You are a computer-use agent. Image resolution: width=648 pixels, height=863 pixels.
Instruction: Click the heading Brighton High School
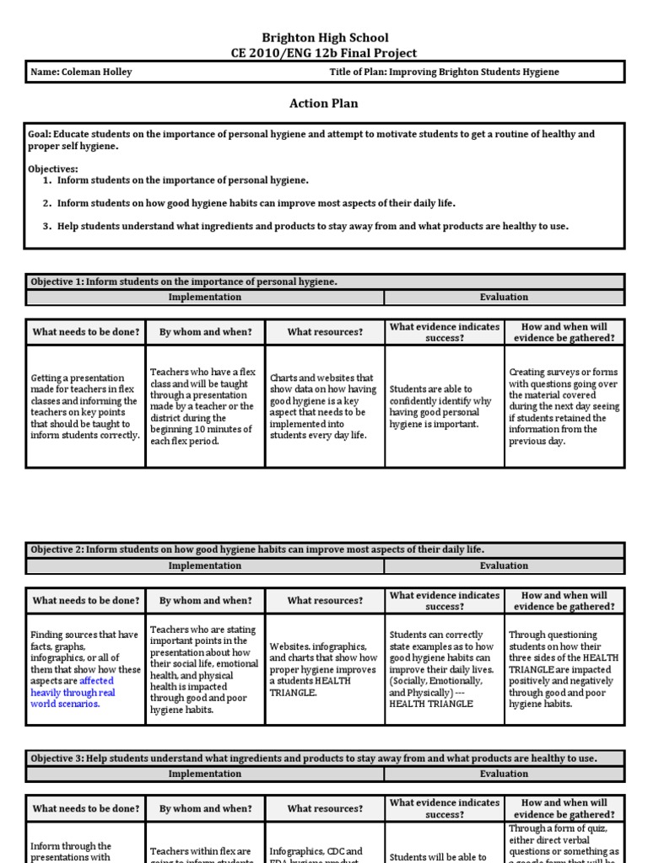tap(325, 37)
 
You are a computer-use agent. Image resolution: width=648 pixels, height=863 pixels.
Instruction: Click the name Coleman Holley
tap(81, 72)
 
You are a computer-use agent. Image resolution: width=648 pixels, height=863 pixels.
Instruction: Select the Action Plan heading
tap(324, 104)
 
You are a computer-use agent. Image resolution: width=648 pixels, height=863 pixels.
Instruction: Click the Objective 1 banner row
tap(325, 281)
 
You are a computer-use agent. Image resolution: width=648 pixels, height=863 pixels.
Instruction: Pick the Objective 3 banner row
tap(325, 758)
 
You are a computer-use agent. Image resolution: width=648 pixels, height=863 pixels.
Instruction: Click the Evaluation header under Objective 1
tap(504, 297)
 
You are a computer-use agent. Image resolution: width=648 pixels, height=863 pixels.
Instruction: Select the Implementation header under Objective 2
tap(204, 566)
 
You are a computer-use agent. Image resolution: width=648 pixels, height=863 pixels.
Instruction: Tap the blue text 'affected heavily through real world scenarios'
tap(73, 692)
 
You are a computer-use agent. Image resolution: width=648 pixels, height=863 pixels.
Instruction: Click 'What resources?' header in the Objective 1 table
tap(325, 332)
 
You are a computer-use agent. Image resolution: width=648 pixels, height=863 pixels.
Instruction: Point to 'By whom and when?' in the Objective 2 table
tap(205, 601)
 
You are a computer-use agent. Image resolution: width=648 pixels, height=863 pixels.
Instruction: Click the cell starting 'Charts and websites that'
tap(324, 407)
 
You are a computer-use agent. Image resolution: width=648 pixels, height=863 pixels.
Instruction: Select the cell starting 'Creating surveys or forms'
tap(564, 407)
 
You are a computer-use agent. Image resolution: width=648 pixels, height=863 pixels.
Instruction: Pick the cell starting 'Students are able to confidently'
tap(445, 407)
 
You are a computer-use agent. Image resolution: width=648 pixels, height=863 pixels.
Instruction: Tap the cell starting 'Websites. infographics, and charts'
tap(324, 669)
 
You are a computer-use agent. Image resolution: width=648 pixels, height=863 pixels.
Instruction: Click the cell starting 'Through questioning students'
tap(564, 669)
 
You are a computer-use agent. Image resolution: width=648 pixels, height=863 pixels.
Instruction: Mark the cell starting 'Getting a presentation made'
tap(85, 407)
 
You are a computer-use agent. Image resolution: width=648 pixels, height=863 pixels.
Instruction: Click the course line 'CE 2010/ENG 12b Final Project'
tap(325, 53)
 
